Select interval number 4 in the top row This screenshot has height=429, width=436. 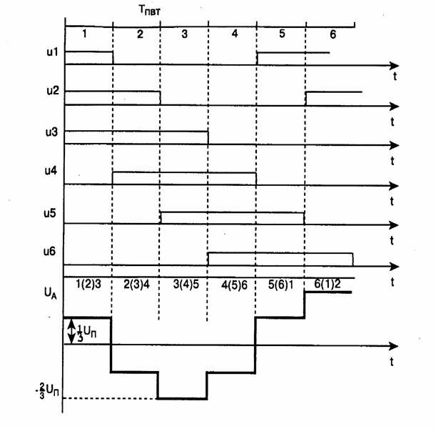pyautogui.click(x=233, y=34)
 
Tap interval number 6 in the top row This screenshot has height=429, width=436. pyautogui.click(x=332, y=34)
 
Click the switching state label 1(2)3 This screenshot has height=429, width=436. pyautogui.click(x=88, y=285)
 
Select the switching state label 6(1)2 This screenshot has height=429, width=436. pyautogui.click(x=328, y=284)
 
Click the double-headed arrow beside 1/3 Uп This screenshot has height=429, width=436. pyautogui.click(x=70, y=330)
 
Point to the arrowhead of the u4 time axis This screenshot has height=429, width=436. pyautogui.click(x=394, y=185)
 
